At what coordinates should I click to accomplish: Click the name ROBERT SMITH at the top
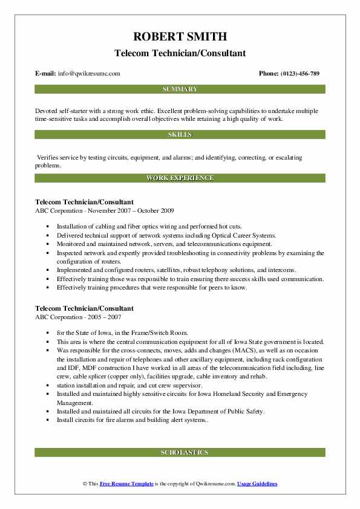[180, 37]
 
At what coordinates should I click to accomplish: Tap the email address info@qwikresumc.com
[90, 74]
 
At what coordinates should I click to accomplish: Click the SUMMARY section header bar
[180, 89]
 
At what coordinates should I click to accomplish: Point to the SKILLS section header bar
[180, 134]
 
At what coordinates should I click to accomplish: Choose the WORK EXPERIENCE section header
[180, 178]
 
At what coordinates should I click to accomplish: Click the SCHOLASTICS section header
[180, 452]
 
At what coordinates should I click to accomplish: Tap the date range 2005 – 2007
[104, 317]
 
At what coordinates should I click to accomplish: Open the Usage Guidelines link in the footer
[257, 484]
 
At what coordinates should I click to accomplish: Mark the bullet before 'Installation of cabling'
[47, 227]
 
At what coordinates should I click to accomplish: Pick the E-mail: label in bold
[46, 74]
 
